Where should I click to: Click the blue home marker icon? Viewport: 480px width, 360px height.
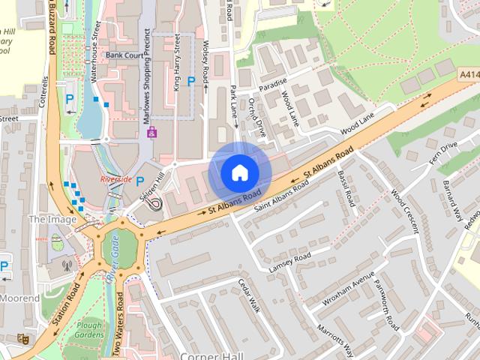240,172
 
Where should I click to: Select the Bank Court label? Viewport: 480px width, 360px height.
124,55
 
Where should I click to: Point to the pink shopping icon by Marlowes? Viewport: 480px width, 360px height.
151,133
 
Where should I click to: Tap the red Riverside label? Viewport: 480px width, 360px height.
115,180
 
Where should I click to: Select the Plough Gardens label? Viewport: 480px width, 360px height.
90,331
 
